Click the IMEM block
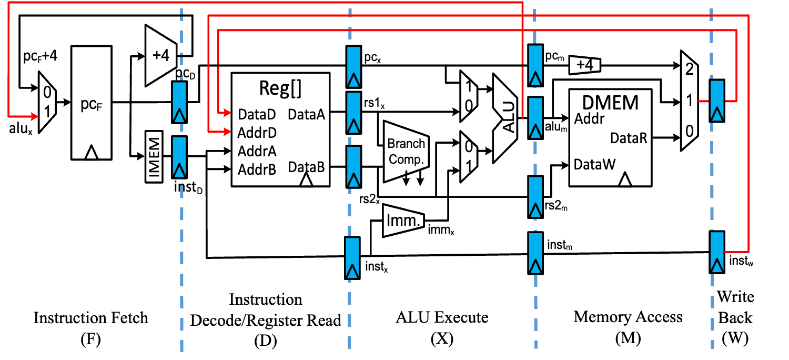click(x=154, y=156)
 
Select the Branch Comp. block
click(x=406, y=152)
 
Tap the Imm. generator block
click(x=403, y=221)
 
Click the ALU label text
click(x=509, y=118)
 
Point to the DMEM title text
click(x=610, y=103)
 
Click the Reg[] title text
click(x=280, y=88)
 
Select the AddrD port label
click(x=257, y=133)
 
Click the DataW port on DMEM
click(x=594, y=164)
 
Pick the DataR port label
click(x=629, y=138)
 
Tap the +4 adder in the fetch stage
click(x=161, y=55)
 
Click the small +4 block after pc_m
click(x=585, y=65)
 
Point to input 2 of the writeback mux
click(x=689, y=69)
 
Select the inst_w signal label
click(x=741, y=261)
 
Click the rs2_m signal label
click(x=556, y=205)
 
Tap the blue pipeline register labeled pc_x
click(x=353, y=67)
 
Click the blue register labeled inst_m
click(x=535, y=253)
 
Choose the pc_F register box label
click(x=91, y=104)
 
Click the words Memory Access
click(x=628, y=317)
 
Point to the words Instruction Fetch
click(x=91, y=318)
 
